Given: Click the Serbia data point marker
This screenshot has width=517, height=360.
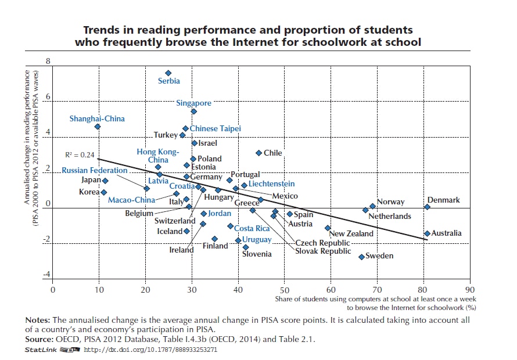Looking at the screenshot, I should click(168, 73).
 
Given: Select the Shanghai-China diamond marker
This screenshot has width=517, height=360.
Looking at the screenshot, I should click(98, 127).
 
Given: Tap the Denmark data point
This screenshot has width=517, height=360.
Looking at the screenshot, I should click(427, 207).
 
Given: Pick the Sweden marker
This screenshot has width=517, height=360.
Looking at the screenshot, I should click(361, 257).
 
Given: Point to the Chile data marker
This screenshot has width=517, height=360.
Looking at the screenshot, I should click(258, 153).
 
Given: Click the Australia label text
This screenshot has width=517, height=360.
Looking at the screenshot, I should click(447, 233).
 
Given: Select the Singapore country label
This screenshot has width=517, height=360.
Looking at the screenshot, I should click(194, 103).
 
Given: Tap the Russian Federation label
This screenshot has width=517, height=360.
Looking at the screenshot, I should click(95, 171).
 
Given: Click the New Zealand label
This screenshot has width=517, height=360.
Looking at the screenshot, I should click(351, 233).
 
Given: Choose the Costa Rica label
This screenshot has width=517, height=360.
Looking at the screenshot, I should click(252, 229).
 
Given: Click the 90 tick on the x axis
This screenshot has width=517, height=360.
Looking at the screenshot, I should click(470, 289).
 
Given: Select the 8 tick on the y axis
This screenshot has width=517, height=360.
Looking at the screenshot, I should click(48, 61).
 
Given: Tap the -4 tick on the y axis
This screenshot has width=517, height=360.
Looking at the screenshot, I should click(47, 275).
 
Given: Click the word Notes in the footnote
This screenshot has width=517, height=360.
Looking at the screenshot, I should click(38, 321).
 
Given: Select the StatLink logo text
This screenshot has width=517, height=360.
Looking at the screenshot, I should click(41, 350).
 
